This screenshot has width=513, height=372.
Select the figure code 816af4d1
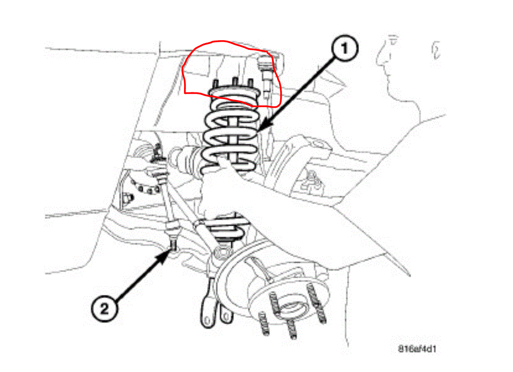417,348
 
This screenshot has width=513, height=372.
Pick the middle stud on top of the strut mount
234,82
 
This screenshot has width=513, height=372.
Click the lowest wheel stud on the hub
290,331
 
